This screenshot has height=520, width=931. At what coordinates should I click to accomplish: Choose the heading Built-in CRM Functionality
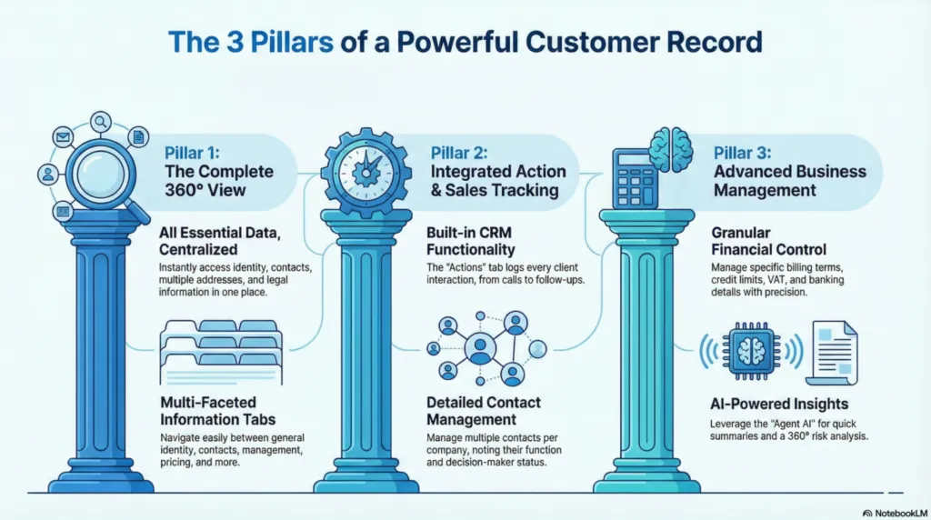click(x=470, y=240)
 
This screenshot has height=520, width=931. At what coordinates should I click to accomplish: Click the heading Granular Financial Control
click(x=769, y=240)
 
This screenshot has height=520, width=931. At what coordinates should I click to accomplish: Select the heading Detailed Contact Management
click(x=483, y=411)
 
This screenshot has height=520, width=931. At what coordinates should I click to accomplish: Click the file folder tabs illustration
click(x=220, y=346)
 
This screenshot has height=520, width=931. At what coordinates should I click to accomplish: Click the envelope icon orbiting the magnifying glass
click(x=65, y=138)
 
